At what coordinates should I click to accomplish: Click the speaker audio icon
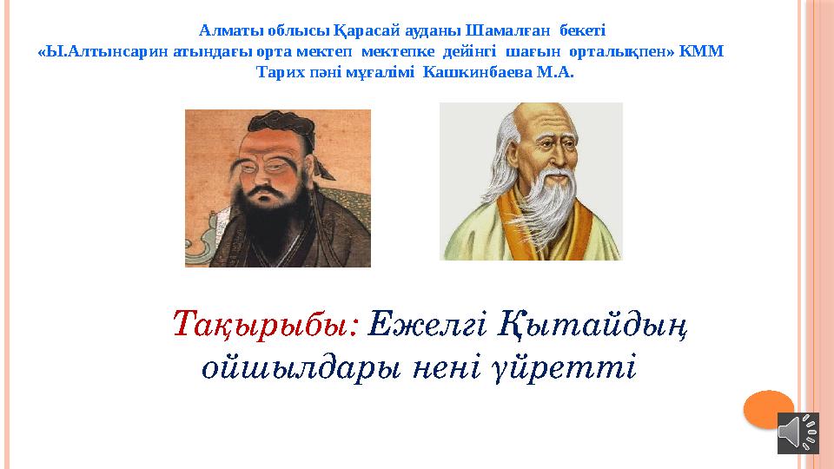[798, 432]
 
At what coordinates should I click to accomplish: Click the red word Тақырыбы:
[266, 325]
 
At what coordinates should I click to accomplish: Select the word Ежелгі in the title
[427, 325]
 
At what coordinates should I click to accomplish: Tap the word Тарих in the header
[280, 73]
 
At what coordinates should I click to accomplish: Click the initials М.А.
[556, 73]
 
